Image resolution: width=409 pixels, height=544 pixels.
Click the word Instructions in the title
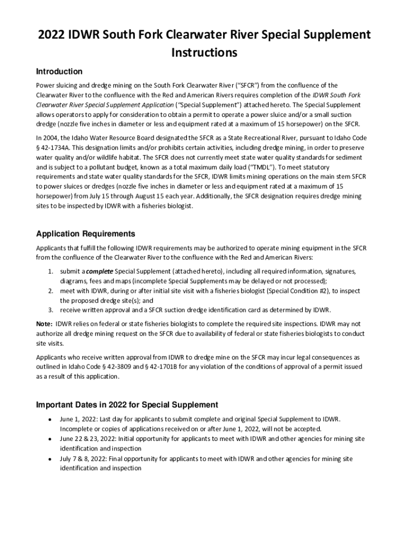pyautogui.click(x=204, y=53)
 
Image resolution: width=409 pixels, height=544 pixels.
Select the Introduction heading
pyautogui.click(x=59, y=71)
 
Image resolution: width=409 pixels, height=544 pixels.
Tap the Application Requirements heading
pyautogui.click(x=86, y=234)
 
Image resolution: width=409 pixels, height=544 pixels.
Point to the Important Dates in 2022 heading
pyautogui.click(x=127, y=405)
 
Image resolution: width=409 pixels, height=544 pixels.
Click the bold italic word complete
pyautogui.click(x=99, y=271)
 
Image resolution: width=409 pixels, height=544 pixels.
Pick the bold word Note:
pyautogui.click(x=44, y=324)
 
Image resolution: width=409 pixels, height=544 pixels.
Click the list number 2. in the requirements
pyautogui.click(x=51, y=291)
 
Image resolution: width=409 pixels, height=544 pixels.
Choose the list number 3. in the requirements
pyautogui.click(x=51, y=310)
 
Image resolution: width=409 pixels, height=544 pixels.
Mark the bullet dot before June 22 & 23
pyautogui.click(x=49, y=439)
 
